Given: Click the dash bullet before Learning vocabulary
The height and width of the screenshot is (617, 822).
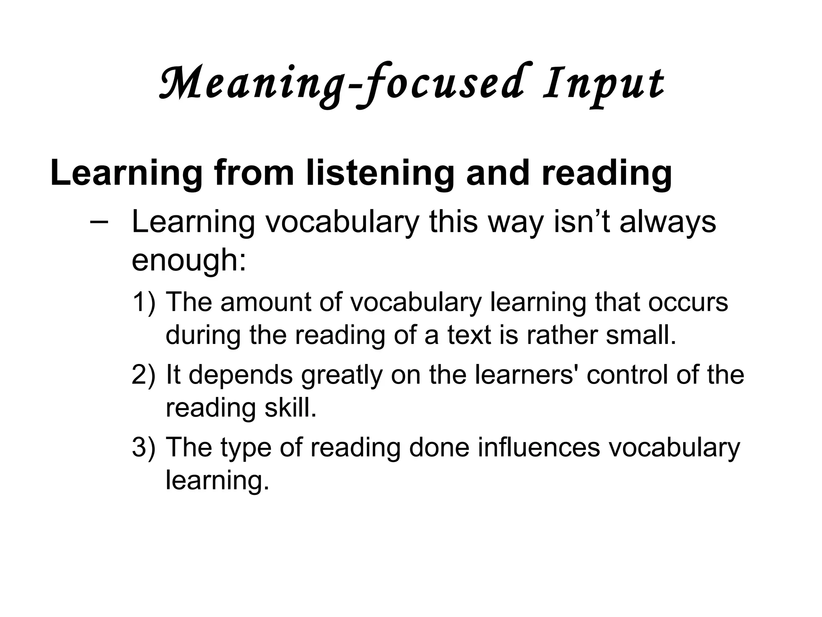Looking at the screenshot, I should pyautogui.click(x=99, y=222).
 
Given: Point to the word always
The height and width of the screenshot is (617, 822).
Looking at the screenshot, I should pyautogui.click(x=668, y=222).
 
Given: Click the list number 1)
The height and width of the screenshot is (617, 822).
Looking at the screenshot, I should pyautogui.click(x=143, y=302).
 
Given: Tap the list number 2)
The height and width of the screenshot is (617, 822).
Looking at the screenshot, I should pyautogui.click(x=143, y=375).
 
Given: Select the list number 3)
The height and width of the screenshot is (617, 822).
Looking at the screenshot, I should pyautogui.click(x=143, y=447).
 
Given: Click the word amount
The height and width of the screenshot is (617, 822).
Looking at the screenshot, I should pyautogui.click(x=265, y=302).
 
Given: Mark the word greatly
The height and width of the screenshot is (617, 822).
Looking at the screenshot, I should pyautogui.click(x=342, y=375).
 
